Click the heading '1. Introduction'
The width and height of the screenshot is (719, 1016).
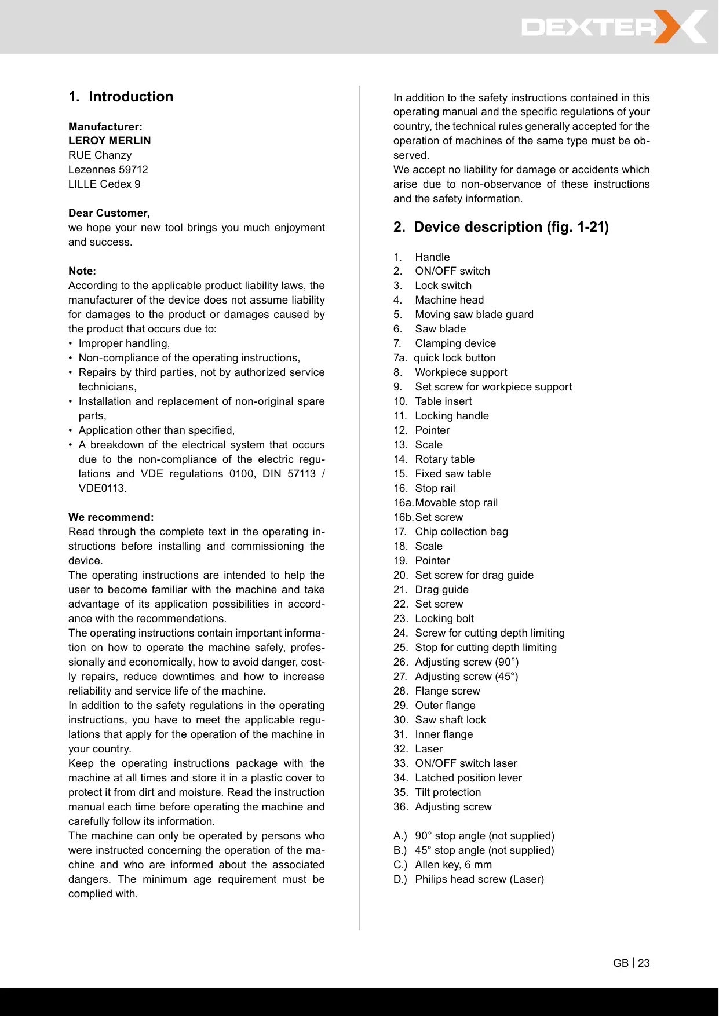(121, 97)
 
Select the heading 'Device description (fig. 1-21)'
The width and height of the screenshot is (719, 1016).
(501, 227)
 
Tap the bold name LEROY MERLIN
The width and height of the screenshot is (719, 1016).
(110, 141)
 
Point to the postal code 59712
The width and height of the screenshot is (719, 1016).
(133, 170)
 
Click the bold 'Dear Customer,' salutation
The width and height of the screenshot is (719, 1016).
(109, 213)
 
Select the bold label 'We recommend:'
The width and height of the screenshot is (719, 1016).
(111, 517)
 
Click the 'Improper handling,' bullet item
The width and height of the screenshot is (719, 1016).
(124, 343)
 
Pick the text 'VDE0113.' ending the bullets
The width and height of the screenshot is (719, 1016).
(103, 488)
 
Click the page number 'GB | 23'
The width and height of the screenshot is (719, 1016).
(631, 963)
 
